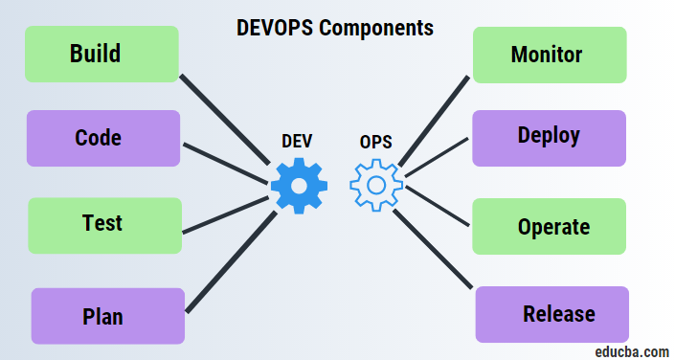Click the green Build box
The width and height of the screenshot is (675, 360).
click(101, 54)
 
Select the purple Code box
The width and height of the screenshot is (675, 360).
click(102, 138)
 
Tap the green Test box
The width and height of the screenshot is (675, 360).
click(104, 225)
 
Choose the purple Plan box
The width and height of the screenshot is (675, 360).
click(107, 316)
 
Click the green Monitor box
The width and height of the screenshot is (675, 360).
click(550, 55)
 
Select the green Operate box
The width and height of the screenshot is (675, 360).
click(552, 227)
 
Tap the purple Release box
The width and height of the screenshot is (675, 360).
click(552, 314)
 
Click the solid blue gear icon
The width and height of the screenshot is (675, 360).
click(298, 185)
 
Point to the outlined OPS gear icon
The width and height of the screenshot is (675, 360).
click(375, 185)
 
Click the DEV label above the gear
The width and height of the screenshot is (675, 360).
click(297, 141)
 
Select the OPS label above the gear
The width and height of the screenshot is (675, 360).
click(375, 141)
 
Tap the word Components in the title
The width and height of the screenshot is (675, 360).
click(376, 27)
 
